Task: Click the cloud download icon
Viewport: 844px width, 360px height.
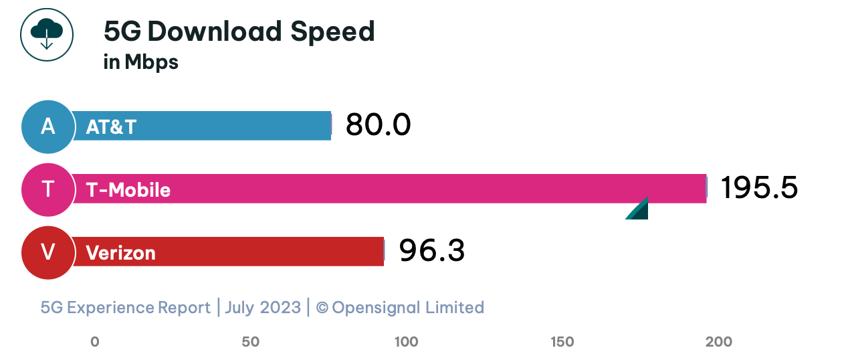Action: tap(46, 35)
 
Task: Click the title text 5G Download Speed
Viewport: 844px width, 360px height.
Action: tap(239, 31)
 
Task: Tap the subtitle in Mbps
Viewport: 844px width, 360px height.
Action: tap(141, 62)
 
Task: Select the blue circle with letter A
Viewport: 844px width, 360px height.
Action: tap(47, 126)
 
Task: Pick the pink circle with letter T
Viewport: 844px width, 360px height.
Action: tap(47, 190)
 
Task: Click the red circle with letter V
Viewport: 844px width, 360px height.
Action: tap(47, 252)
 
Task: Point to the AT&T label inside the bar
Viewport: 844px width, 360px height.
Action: tap(111, 127)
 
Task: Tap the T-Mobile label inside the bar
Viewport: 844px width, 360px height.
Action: tap(128, 191)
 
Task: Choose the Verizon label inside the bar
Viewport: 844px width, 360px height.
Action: tap(120, 253)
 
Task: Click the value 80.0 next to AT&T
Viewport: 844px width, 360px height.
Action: tap(378, 125)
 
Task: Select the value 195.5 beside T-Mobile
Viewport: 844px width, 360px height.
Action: tap(759, 188)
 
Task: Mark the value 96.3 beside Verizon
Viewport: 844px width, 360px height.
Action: tap(431, 251)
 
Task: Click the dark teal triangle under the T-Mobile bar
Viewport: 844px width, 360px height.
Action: tap(639, 211)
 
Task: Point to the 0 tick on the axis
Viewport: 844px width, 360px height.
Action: tap(95, 342)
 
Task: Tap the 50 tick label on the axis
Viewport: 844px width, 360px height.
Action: tap(251, 342)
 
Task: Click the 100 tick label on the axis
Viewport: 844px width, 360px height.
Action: tap(407, 342)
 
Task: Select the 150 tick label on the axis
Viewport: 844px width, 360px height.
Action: tap(562, 342)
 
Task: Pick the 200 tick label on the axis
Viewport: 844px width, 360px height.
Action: tap(719, 342)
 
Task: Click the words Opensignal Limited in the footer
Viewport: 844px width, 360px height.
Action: tap(407, 308)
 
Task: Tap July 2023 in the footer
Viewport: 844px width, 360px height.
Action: tap(262, 308)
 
